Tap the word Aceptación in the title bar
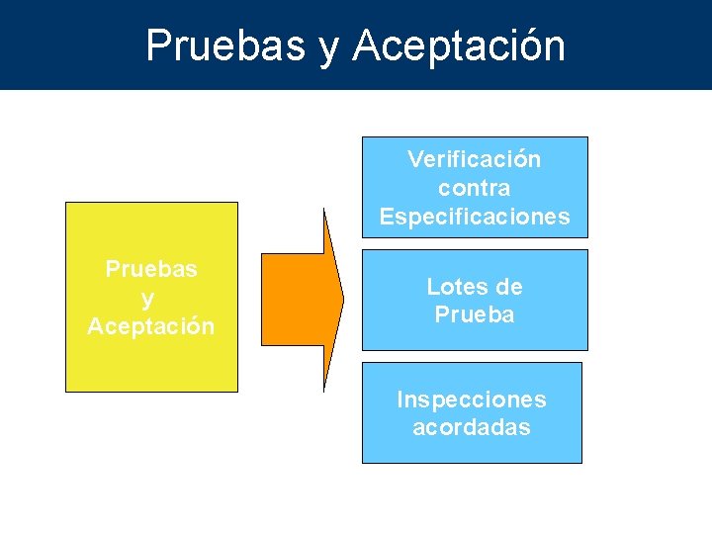click(x=459, y=45)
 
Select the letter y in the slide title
click(x=328, y=49)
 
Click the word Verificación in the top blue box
click(x=474, y=159)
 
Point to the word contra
click(x=474, y=188)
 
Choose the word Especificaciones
click(x=474, y=217)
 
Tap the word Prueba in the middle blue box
click(x=474, y=315)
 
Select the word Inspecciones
click(x=471, y=400)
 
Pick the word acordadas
click(x=471, y=428)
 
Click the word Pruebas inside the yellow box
click(x=151, y=269)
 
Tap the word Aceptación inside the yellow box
click(x=151, y=326)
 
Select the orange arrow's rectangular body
click(x=292, y=300)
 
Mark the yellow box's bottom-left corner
click(x=65, y=392)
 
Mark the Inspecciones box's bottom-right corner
click(x=581, y=463)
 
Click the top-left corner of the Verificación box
click(x=362, y=137)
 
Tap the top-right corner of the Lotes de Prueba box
click(x=587, y=250)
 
